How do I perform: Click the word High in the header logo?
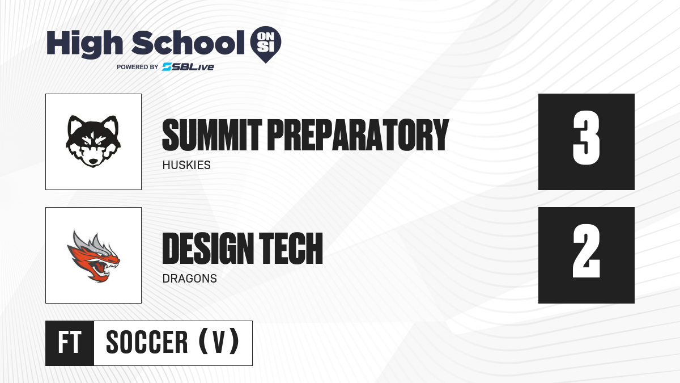click(85, 44)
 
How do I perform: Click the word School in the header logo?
click(188, 43)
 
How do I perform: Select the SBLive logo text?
click(188, 67)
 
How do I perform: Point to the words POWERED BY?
click(137, 67)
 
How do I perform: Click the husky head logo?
click(93, 141)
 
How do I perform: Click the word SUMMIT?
click(212, 134)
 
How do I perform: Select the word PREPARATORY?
click(358, 134)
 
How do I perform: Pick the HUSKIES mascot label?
click(186, 165)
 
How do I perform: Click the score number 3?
click(586, 138)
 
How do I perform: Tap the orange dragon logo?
click(93, 256)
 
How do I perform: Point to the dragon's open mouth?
click(100, 268)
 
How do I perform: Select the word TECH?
click(291, 248)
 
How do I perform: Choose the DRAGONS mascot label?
click(189, 279)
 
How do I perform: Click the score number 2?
click(586, 251)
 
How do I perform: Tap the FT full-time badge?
click(70, 343)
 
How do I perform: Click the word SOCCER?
click(147, 342)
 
